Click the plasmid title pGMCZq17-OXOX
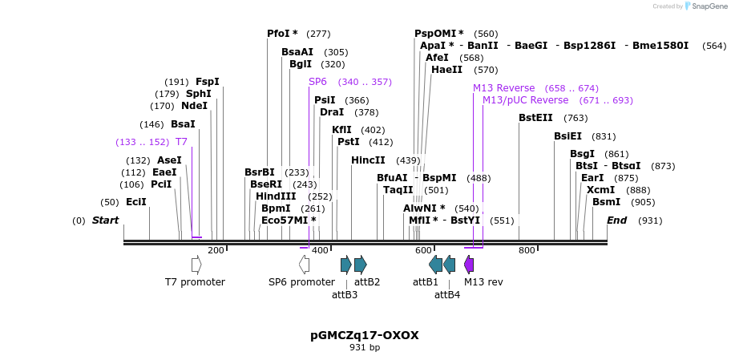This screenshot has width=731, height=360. tap(365, 335)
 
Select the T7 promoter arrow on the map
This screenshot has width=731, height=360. tap(196, 265)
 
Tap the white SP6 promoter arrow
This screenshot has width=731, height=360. tap(304, 265)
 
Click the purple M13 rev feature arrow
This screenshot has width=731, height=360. tap(469, 265)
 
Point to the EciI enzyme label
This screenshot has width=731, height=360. tap(136, 202)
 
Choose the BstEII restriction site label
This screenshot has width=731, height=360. tap(535, 118)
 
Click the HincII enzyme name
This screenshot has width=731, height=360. tap(368, 160)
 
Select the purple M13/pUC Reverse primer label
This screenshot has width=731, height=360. tap(525, 100)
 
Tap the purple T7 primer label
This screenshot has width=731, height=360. tap(181, 142)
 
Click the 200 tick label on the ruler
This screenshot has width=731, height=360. tap(216, 251)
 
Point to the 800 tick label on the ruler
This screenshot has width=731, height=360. tap(527, 251)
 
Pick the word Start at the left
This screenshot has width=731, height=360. tap(105, 220)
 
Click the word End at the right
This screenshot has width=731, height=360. tap(616, 220)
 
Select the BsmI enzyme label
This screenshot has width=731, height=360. tap(606, 202)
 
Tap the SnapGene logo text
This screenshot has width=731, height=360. tap(706, 6)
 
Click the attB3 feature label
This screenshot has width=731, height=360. tap(345, 294)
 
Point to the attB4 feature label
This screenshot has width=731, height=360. tap(447, 294)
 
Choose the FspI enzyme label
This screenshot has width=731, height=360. tap(207, 82)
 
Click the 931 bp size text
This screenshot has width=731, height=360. tap(365, 347)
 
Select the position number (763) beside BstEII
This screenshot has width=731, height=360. tap(576, 118)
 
